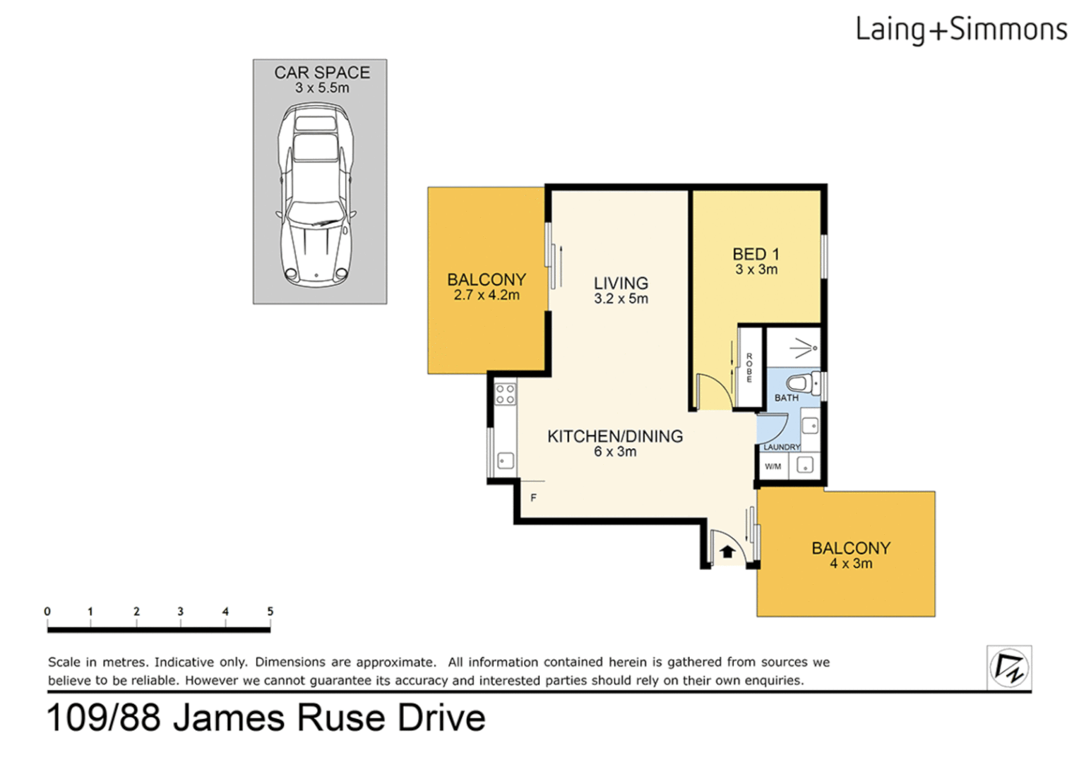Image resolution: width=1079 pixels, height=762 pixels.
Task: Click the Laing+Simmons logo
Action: [x=960, y=30]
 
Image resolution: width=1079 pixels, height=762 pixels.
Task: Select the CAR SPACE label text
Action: [x=322, y=73]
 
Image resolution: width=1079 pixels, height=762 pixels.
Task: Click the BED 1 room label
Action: [x=756, y=254]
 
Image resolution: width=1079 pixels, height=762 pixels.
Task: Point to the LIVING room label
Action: [x=621, y=283]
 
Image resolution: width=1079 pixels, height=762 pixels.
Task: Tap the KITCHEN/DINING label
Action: [x=615, y=436]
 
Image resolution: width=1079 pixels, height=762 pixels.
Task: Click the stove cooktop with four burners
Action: [x=505, y=394]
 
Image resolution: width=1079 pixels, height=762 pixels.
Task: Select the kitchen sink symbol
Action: [x=506, y=461]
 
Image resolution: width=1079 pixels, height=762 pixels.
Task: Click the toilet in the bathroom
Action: [x=800, y=384]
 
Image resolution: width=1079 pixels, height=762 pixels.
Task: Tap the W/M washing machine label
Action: [x=773, y=466]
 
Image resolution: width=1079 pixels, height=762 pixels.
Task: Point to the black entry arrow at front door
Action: [x=727, y=552]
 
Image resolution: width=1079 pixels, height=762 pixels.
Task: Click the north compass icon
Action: [x=1008, y=667]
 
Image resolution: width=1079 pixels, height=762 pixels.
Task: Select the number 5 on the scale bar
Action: [x=270, y=612]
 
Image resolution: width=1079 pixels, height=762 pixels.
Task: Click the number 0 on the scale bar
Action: [x=47, y=612]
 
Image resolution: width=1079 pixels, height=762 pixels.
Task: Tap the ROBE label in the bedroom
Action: [x=749, y=367]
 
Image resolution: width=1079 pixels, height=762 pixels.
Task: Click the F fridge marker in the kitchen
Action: [x=533, y=497]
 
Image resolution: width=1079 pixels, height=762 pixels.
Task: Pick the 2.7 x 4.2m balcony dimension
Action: [x=487, y=295]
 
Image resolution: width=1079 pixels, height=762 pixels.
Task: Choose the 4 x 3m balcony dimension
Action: [x=851, y=564]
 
